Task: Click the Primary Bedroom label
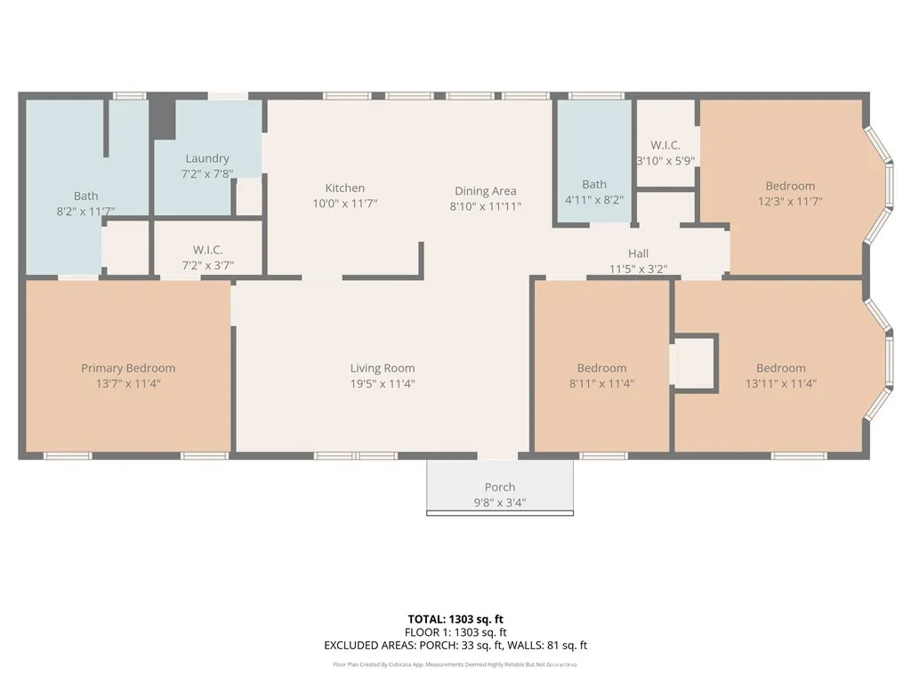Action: (x=128, y=368)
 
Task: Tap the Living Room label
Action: (x=383, y=368)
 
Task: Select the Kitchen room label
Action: (x=344, y=188)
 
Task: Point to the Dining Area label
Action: (x=485, y=190)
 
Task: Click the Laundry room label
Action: (x=207, y=158)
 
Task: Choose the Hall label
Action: (x=638, y=253)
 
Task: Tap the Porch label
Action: (x=500, y=487)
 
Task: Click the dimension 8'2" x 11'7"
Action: (x=86, y=211)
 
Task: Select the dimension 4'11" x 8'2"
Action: (x=594, y=200)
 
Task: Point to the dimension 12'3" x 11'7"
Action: (x=790, y=201)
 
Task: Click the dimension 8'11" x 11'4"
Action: (x=601, y=383)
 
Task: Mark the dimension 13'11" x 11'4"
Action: (x=781, y=383)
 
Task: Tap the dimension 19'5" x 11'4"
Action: (x=383, y=383)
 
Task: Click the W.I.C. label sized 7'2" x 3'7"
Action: (x=207, y=250)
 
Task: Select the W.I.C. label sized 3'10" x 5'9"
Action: (x=665, y=145)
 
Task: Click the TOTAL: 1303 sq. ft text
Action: (x=455, y=619)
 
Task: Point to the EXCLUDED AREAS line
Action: (x=455, y=646)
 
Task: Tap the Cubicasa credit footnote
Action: (x=455, y=664)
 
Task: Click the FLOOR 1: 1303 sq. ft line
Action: (x=455, y=632)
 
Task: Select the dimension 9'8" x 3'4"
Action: (x=500, y=502)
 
